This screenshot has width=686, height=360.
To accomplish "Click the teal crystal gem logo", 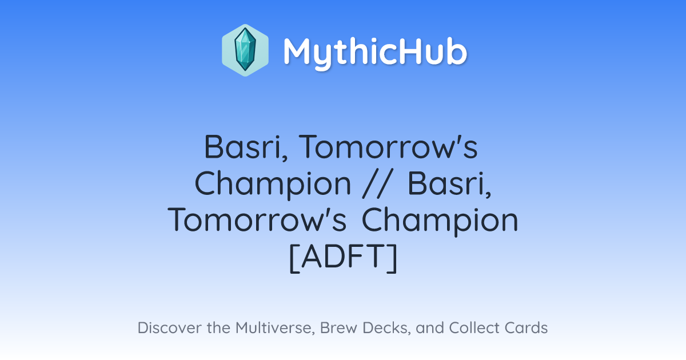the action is (245, 50).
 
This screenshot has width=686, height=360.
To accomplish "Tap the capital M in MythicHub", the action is (299, 51).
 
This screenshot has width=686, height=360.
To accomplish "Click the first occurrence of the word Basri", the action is (246, 147).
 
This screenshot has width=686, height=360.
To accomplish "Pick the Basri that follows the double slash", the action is (449, 183).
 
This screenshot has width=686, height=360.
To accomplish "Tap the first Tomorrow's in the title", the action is (388, 147).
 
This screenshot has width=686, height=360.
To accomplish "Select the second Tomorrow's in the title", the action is (257, 220).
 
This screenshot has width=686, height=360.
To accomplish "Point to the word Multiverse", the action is (275, 328).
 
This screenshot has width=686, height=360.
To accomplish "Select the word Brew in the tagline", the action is (338, 327).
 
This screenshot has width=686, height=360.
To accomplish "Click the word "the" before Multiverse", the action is (218, 327).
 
